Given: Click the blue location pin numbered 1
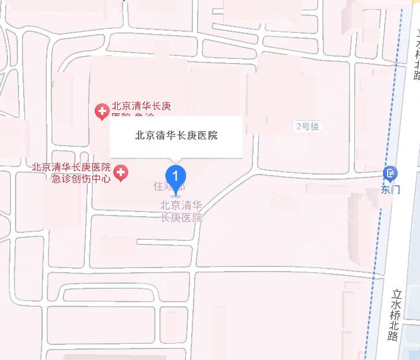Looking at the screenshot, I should click(176, 175).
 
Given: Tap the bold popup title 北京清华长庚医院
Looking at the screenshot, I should click(176, 136).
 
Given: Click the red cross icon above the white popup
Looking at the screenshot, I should click(102, 110).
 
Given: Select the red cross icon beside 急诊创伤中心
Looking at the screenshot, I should click(121, 172).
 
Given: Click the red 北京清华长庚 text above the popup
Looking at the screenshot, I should click(142, 106).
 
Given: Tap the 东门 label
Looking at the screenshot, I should click(391, 189).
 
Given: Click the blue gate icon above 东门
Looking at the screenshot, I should click(391, 173).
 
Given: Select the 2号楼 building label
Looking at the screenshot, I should click(307, 127).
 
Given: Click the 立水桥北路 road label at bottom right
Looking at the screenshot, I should click(395, 314).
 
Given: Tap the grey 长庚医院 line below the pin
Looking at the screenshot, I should click(181, 218).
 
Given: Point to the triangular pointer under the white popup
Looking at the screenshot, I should click(176, 160).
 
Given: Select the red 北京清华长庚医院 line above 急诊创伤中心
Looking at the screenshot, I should click(72, 167).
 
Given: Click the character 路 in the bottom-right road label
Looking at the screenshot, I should click(394, 336).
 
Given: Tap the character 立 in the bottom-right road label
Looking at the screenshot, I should click(396, 294).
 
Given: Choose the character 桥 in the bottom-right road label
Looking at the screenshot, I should click(395, 315).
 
